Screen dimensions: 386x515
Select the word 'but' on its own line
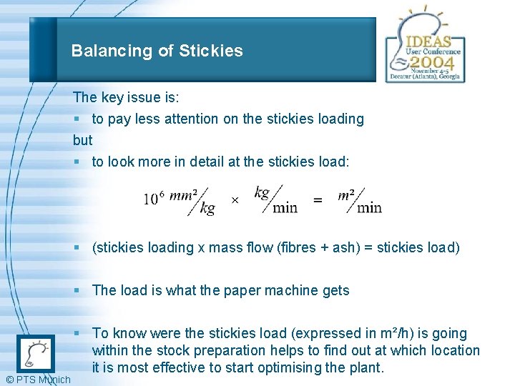tap(83, 140)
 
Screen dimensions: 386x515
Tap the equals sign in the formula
tap(318, 201)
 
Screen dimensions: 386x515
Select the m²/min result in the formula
tap(359, 200)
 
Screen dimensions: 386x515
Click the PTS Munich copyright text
tap(38, 379)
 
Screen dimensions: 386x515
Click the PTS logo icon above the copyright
tap(35, 353)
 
